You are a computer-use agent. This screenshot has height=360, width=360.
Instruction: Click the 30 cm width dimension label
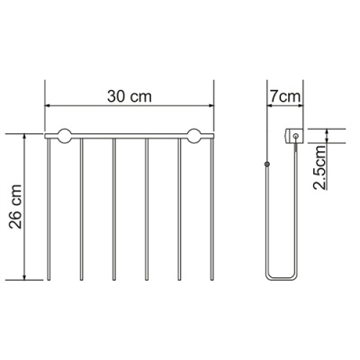click(130, 96)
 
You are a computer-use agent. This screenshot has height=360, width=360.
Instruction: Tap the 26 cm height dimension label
click(15, 207)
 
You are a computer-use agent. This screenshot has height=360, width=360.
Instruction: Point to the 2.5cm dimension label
click(319, 167)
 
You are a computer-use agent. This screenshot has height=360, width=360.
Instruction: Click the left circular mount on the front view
click(65, 136)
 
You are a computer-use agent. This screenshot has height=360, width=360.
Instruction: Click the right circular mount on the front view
click(194, 136)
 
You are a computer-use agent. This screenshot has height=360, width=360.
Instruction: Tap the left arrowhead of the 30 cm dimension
click(48, 105)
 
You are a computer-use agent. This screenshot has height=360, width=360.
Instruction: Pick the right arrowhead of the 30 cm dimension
click(211, 105)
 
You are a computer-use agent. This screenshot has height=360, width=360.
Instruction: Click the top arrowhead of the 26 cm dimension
click(25, 137)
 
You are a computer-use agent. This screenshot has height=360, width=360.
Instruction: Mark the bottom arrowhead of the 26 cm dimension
click(25, 277)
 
